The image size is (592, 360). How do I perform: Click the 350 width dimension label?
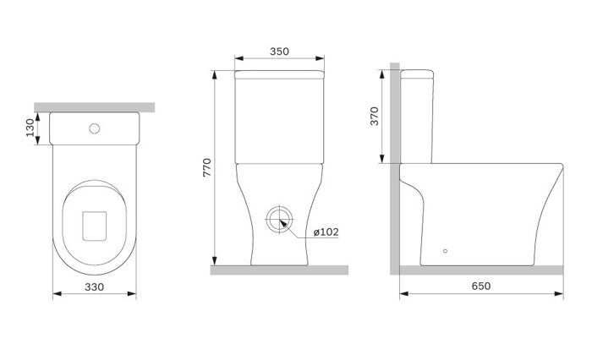[x=279, y=51]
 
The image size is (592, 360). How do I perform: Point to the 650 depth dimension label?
[x=480, y=286]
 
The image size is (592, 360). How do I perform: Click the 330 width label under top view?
[x=94, y=286]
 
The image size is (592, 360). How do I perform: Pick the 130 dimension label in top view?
[x=30, y=128]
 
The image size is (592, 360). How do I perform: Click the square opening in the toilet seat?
[x=95, y=223]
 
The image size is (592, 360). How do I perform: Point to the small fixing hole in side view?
[x=447, y=251]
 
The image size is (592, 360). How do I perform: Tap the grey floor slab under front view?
[x=279, y=270]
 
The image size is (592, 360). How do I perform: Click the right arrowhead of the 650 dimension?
[x=561, y=295]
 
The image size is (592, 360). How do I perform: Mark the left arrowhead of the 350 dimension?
[x=237, y=60]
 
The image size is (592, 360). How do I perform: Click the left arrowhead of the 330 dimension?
[x=56, y=296]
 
